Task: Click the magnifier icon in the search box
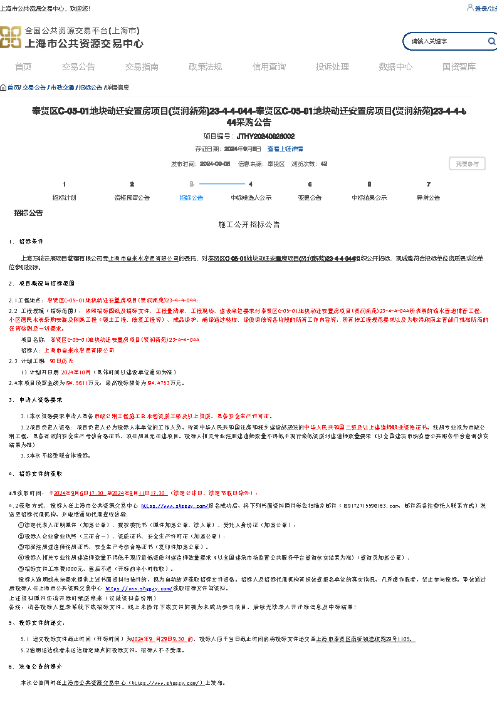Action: click(x=491, y=41)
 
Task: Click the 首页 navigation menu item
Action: click(x=23, y=67)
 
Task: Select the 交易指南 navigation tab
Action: click(x=142, y=67)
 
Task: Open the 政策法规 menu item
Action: click(x=205, y=67)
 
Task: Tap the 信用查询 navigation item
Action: click(x=269, y=67)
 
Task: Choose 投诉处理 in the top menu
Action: click(x=332, y=67)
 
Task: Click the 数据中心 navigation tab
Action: click(x=395, y=67)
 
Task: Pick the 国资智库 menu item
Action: click(x=459, y=67)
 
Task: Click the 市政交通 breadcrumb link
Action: click(x=62, y=88)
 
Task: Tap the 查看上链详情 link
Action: click(x=285, y=149)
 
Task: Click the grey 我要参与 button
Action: click(x=467, y=164)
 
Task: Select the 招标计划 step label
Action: click(x=64, y=198)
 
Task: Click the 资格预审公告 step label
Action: click(x=132, y=198)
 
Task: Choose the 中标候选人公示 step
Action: click(x=251, y=198)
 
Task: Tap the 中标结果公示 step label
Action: click(x=369, y=198)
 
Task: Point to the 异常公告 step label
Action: click(x=428, y=198)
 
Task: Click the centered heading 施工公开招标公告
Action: click(x=249, y=224)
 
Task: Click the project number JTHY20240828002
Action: click(x=265, y=136)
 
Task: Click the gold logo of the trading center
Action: click(x=11, y=38)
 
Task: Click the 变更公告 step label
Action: click(x=310, y=198)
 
